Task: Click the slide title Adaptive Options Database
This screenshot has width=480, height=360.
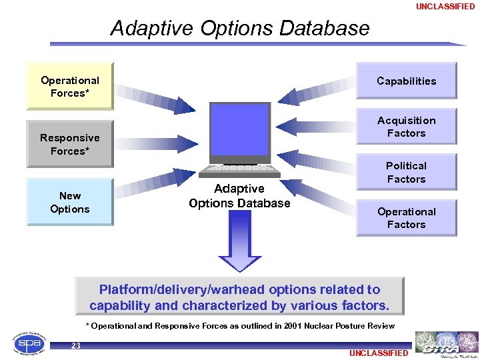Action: pyautogui.click(x=239, y=28)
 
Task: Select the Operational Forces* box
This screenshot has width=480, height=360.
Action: pyautogui.click(x=70, y=87)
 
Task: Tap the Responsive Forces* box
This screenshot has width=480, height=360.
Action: pyautogui.click(x=70, y=144)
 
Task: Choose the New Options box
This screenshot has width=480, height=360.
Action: pyautogui.click(x=70, y=202)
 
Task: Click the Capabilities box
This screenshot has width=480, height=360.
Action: pyautogui.click(x=406, y=81)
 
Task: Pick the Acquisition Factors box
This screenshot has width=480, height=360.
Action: pyautogui.click(x=406, y=127)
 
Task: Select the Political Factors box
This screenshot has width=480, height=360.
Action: pyautogui.click(x=406, y=172)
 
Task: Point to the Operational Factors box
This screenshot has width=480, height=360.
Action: pyautogui.click(x=406, y=218)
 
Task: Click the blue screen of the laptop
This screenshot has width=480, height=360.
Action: pyautogui.click(x=239, y=129)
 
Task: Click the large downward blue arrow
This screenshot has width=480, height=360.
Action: pyautogui.click(x=239, y=240)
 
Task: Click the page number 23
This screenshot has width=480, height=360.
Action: pyautogui.click(x=76, y=345)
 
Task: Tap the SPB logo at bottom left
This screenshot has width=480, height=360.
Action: pyautogui.click(x=30, y=343)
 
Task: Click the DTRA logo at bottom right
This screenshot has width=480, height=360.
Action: pyautogui.click(x=446, y=344)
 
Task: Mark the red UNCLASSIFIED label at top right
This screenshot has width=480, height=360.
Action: pyautogui.click(x=445, y=7)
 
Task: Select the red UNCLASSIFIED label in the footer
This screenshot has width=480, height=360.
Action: pyautogui.click(x=378, y=353)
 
